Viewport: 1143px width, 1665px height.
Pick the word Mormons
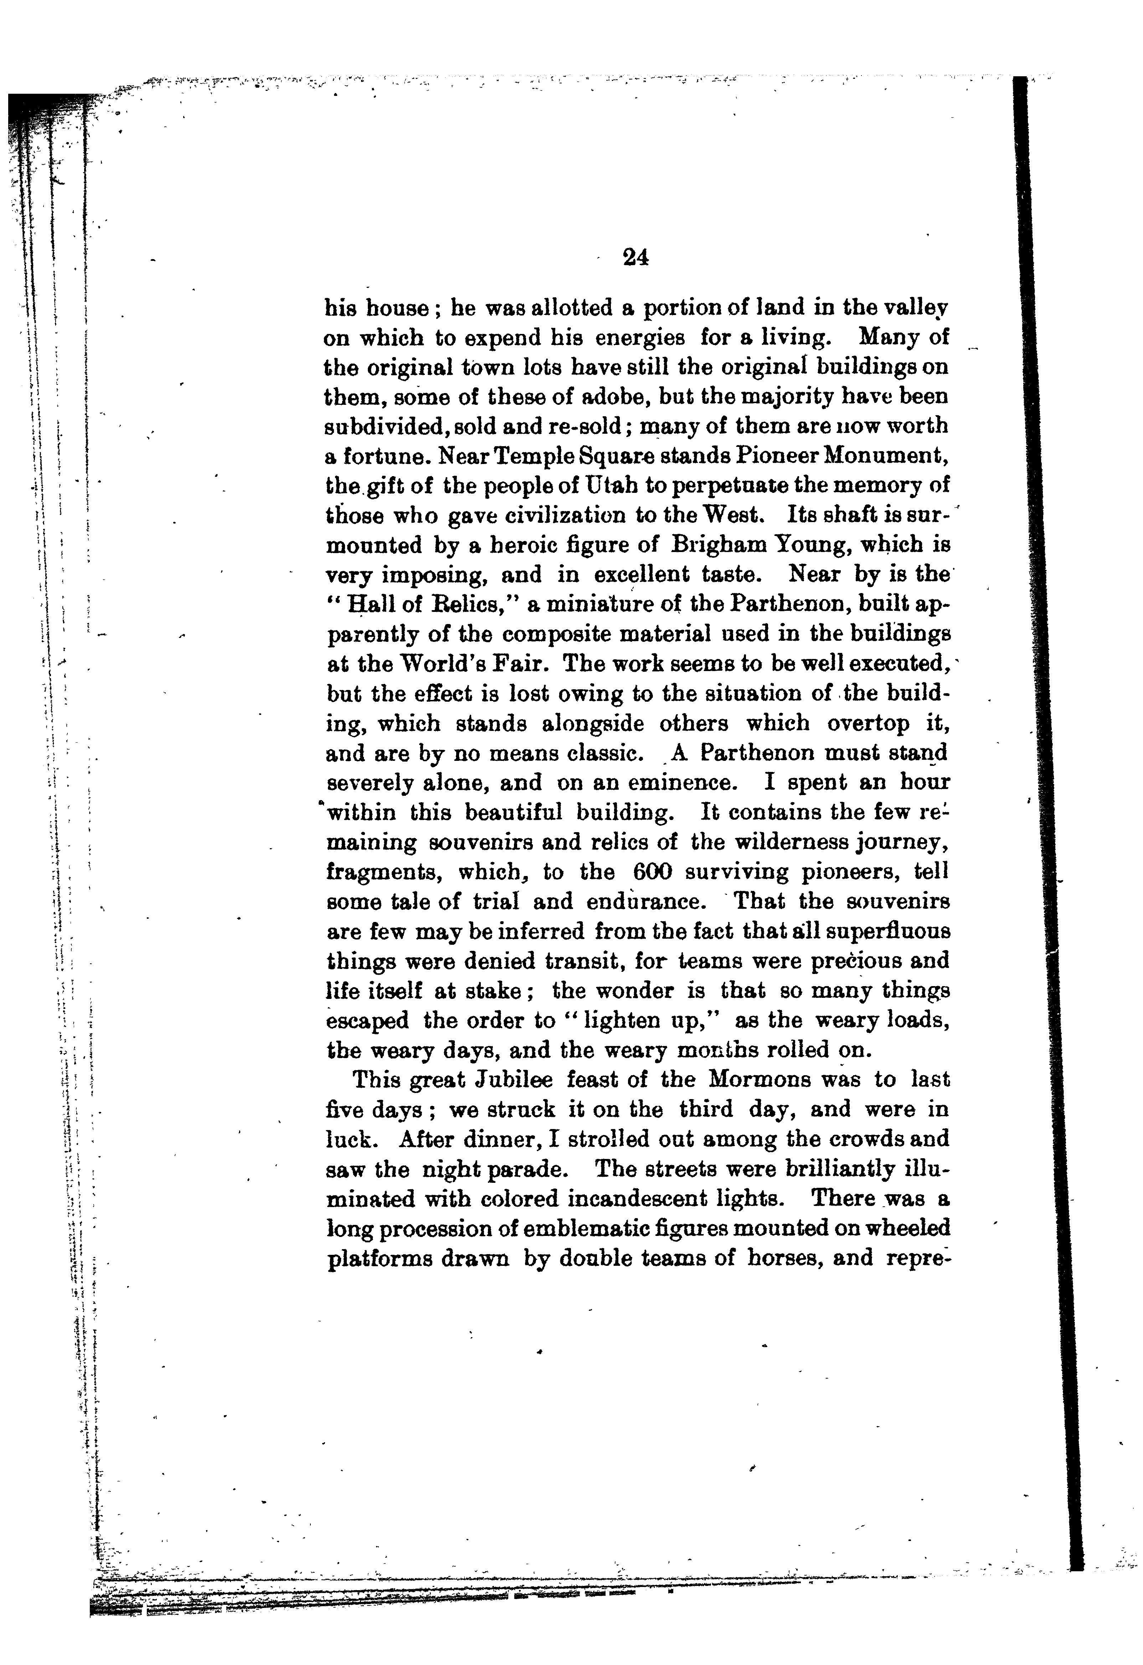pos(760,1079)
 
